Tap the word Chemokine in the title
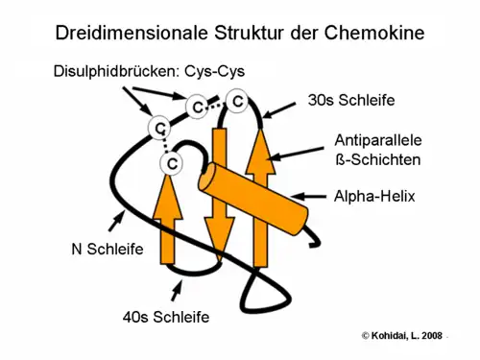click(x=375, y=34)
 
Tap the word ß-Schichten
click(x=377, y=158)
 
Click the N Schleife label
click(x=108, y=250)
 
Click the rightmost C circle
click(x=236, y=100)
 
